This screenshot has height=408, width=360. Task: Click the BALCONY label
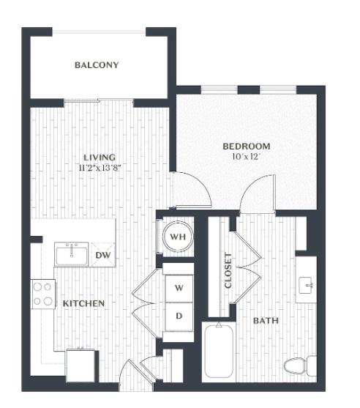(x=97, y=64)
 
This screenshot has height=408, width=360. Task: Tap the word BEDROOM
(x=247, y=146)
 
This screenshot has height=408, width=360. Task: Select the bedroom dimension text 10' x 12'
(x=247, y=157)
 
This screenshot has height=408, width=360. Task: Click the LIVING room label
(x=100, y=157)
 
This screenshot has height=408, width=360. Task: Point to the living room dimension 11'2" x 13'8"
(x=100, y=168)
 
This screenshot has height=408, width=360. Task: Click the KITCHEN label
(x=83, y=303)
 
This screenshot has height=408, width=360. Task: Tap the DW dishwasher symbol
(x=103, y=255)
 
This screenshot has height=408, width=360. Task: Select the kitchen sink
(x=72, y=254)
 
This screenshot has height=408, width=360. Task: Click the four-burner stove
(x=43, y=294)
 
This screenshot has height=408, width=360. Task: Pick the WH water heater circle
(x=178, y=237)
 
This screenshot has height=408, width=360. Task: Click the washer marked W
(x=179, y=288)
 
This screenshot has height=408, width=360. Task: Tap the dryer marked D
(x=179, y=316)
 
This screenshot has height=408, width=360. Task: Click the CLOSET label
(x=228, y=270)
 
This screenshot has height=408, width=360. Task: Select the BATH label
(x=266, y=321)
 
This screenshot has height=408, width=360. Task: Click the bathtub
(x=219, y=351)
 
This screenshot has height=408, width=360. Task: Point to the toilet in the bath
(x=299, y=366)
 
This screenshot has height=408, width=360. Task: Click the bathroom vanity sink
(x=306, y=286)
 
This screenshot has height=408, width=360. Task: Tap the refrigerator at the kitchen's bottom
(x=81, y=366)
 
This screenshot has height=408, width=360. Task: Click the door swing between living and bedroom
(x=192, y=190)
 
